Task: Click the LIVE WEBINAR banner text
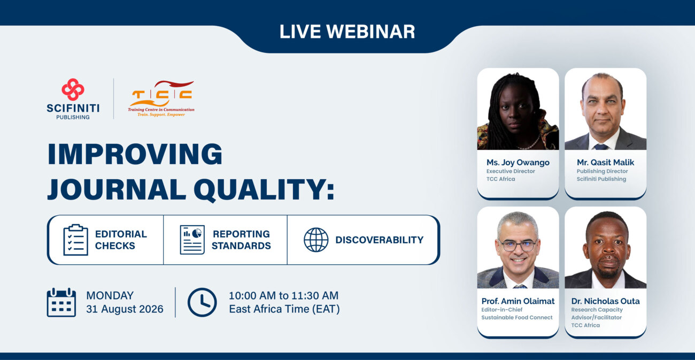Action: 347,32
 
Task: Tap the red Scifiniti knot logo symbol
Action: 73,89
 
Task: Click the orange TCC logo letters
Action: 161,94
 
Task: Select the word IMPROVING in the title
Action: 135,154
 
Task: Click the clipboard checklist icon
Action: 76,240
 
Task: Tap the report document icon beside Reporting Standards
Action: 192,240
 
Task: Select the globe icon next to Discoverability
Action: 316,240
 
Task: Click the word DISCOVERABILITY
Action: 380,240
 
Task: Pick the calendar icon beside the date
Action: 61,302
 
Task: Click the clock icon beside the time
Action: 202,302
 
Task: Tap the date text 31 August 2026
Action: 125,309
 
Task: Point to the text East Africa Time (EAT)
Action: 284,309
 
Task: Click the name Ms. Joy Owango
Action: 518,163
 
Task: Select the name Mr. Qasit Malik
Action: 605,162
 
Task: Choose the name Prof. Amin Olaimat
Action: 518,301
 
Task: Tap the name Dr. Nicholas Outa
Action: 605,301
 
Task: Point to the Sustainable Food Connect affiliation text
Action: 517,318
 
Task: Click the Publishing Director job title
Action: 602,171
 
